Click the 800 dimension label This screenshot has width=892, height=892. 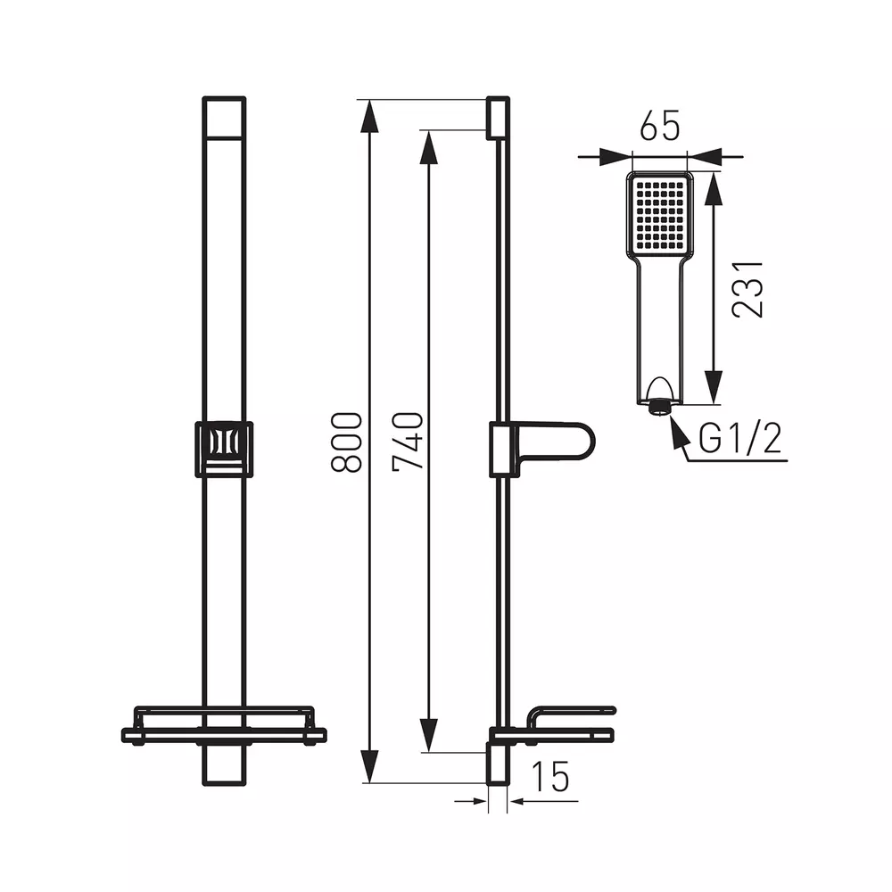(346, 442)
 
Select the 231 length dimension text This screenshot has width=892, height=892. (747, 289)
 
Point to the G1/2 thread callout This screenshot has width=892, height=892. (740, 438)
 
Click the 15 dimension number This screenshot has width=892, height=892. (549, 776)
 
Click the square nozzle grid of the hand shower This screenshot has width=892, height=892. (660, 213)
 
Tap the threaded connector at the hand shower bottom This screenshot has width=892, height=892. (660, 407)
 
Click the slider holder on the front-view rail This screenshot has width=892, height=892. (224, 450)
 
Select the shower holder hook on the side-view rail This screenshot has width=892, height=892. (542, 450)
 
